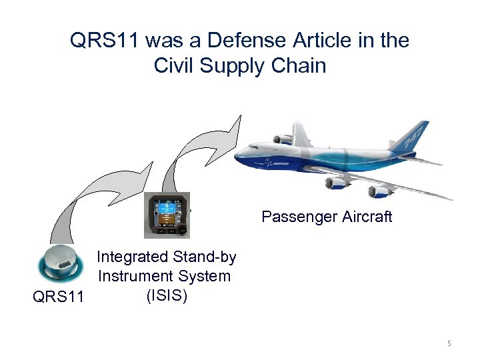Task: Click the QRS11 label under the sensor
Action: (58, 296)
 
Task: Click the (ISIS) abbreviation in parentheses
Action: (166, 295)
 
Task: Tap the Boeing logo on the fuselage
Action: (279, 163)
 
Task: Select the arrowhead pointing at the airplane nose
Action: (235, 127)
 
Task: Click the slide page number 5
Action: (449, 343)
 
